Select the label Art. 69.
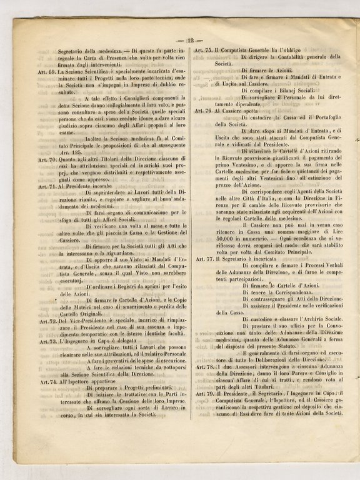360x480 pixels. (50, 73)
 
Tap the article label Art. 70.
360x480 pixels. (50, 160)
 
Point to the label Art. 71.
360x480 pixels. (50, 186)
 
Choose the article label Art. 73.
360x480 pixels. (50, 342)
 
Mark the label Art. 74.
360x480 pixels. (50, 381)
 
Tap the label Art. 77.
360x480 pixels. (205, 258)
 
